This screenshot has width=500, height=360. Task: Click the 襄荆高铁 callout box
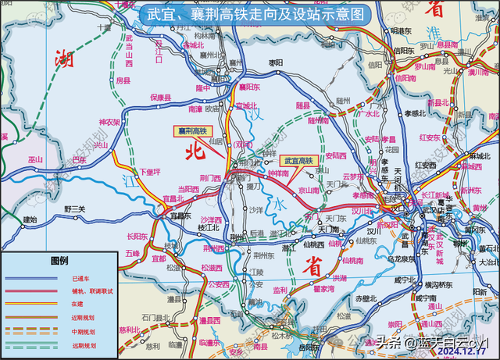click(191, 131)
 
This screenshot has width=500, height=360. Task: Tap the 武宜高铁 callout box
click(298, 160)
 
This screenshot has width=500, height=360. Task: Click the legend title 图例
click(59, 260)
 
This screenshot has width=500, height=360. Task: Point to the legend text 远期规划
click(84, 344)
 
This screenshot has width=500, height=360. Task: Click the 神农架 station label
click(109, 123)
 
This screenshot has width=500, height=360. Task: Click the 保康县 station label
click(160, 97)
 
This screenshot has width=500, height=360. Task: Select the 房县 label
click(123, 80)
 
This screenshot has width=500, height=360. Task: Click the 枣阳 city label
click(275, 62)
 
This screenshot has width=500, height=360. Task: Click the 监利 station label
click(280, 290)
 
